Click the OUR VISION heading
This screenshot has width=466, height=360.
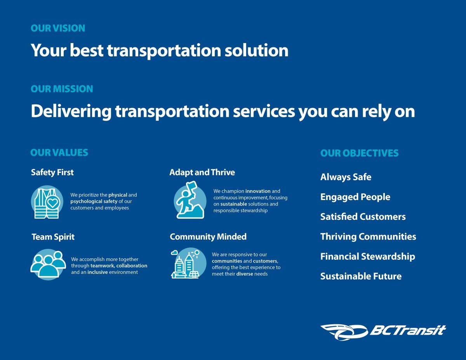point(58,28)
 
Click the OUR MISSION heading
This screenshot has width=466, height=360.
point(62,89)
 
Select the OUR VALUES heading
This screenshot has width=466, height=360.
point(59,153)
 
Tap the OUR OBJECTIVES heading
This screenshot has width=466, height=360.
point(359,153)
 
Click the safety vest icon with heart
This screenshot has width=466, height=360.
point(47,202)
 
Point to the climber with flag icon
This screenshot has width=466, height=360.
point(190,200)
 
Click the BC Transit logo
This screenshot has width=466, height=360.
point(383,331)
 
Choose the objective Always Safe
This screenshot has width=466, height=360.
point(346,177)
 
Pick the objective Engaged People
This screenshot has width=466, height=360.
point(355,197)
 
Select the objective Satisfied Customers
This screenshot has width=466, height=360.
point(363,217)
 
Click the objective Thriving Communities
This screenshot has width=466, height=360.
point(368,237)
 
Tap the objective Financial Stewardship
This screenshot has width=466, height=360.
point(367,256)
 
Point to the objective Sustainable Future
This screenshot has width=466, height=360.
point(361,276)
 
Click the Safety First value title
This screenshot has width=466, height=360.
point(52,172)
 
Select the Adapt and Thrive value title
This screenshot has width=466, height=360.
point(202,172)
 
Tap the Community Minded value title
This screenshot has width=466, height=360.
point(208,237)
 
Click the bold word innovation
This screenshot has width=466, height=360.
point(258,191)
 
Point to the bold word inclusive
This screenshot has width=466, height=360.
point(97,272)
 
